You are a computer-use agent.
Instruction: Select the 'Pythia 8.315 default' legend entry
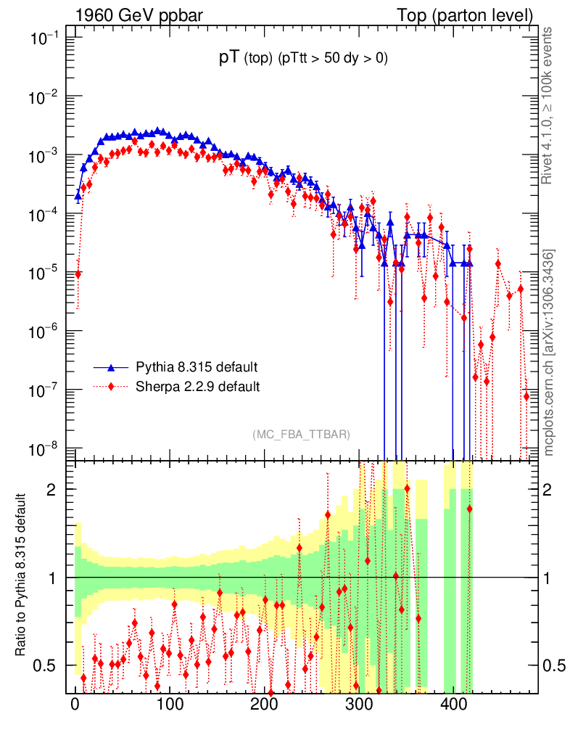coord(197,366)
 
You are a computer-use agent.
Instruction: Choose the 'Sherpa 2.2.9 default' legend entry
coord(197,386)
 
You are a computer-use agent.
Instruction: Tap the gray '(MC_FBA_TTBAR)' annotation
coord(301,435)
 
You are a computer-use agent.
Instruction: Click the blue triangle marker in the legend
coord(112,366)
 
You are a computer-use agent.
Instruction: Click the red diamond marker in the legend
coord(112,386)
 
